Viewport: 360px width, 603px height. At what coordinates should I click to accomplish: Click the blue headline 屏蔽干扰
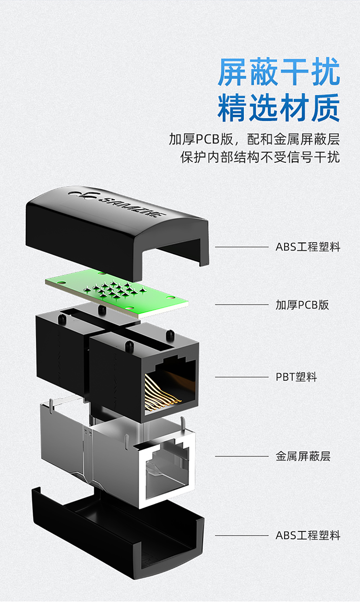pyautogui.click(x=278, y=72)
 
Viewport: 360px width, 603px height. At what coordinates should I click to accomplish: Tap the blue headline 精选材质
pyautogui.click(x=278, y=108)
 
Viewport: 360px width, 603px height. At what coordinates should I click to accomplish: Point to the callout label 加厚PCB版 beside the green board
pyautogui.click(x=302, y=305)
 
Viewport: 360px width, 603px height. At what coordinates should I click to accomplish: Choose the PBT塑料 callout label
pyautogui.click(x=296, y=377)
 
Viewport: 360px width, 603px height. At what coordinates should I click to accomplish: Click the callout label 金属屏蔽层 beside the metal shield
pyautogui.click(x=303, y=456)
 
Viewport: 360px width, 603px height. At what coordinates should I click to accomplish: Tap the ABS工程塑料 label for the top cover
pyautogui.click(x=308, y=247)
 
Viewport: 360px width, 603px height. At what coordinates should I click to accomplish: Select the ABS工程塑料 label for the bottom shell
pyautogui.click(x=308, y=535)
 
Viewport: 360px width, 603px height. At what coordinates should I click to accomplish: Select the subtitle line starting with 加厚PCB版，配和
pyautogui.click(x=254, y=139)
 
